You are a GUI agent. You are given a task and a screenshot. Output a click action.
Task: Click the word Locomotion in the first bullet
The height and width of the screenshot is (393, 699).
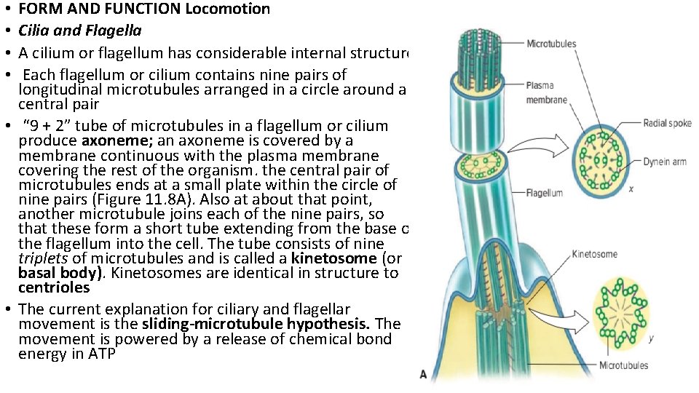coord(228,9)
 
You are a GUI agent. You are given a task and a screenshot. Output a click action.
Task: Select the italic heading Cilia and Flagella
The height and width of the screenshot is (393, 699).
coord(80,31)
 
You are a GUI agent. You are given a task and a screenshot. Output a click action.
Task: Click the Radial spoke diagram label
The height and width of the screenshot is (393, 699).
coord(666,123)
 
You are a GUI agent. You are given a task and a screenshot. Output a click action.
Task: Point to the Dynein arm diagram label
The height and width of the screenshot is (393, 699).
coord(664,162)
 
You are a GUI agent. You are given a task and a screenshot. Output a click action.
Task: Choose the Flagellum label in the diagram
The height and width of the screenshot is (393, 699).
coord(543,193)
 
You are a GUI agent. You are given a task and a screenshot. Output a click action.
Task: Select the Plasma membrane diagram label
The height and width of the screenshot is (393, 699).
coord(545,93)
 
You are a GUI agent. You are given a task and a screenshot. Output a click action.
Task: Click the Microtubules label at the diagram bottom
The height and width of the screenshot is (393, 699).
coord(623,365)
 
